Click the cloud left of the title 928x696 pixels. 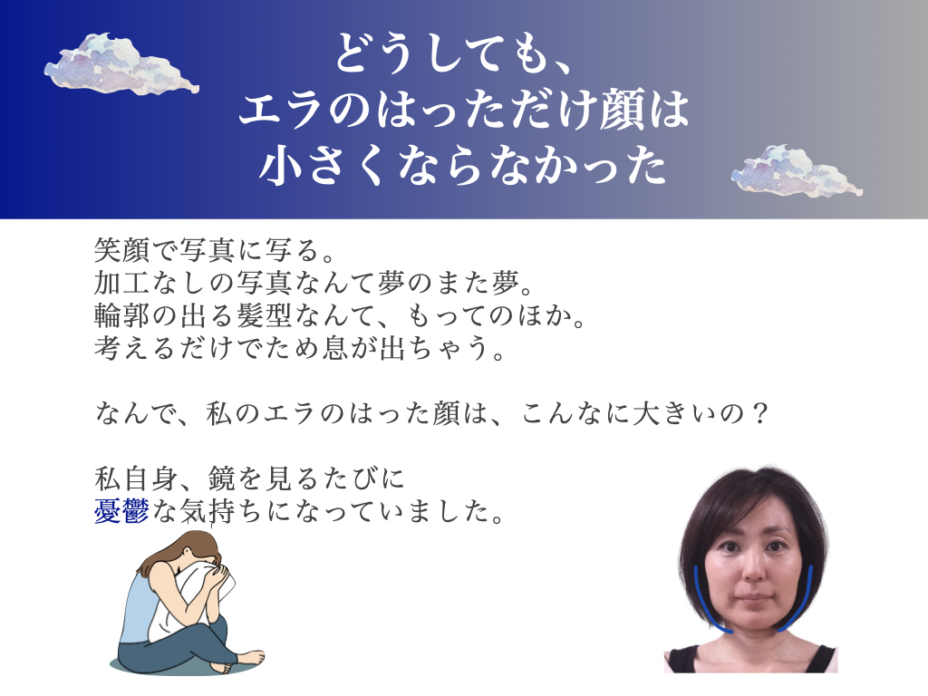[x=121, y=64]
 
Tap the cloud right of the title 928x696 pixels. [x=797, y=170]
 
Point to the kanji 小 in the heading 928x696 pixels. [x=282, y=165]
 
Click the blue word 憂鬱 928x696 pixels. [x=121, y=511]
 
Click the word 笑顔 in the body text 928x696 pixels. [x=122, y=250]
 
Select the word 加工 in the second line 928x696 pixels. [x=122, y=283]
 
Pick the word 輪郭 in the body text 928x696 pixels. [x=122, y=314]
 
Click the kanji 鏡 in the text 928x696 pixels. [x=222, y=478]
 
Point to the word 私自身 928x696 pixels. [x=136, y=478]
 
